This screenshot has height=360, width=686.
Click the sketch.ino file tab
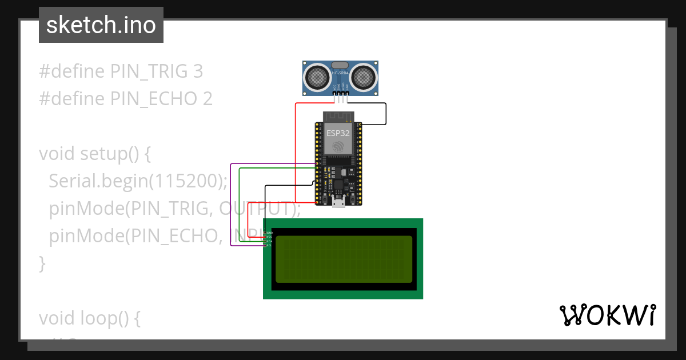click(101, 25)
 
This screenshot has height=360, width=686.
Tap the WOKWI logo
click(607, 315)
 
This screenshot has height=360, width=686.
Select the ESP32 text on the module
click(338, 133)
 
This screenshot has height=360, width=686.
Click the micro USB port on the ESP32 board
click(339, 201)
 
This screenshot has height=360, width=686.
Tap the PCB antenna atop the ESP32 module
click(338, 117)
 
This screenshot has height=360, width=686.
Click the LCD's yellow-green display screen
click(344, 259)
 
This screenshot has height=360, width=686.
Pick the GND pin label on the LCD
click(269, 233)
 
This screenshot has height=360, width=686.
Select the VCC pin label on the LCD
click(269, 237)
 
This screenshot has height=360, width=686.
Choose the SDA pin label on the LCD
click(269, 241)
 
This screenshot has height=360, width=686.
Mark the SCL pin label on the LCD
click(269, 245)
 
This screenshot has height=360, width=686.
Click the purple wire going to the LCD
click(231, 206)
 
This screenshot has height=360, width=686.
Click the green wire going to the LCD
click(240, 206)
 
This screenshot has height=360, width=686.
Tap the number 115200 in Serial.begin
click(185, 181)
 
